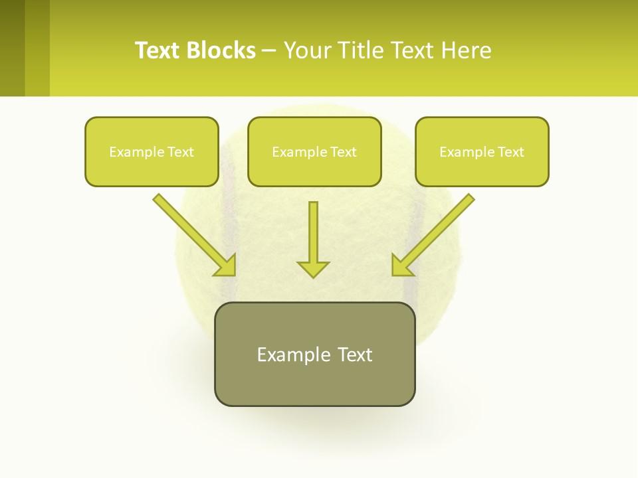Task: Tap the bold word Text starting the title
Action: pyautogui.click(x=158, y=50)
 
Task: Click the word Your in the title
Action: pyautogui.click(x=306, y=50)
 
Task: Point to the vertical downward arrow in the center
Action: pyautogui.click(x=313, y=232)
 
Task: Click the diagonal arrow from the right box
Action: pyautogui.click(x=439, y=230)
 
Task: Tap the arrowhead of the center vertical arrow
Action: pyautogui.click(x=313, y=269)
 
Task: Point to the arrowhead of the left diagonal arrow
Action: pyautogui.click(x=227, y=266)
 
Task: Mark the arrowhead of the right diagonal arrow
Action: pyautogui.click(x=401, y=266)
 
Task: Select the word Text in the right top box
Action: pyautogui.click(x=510, y=152)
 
